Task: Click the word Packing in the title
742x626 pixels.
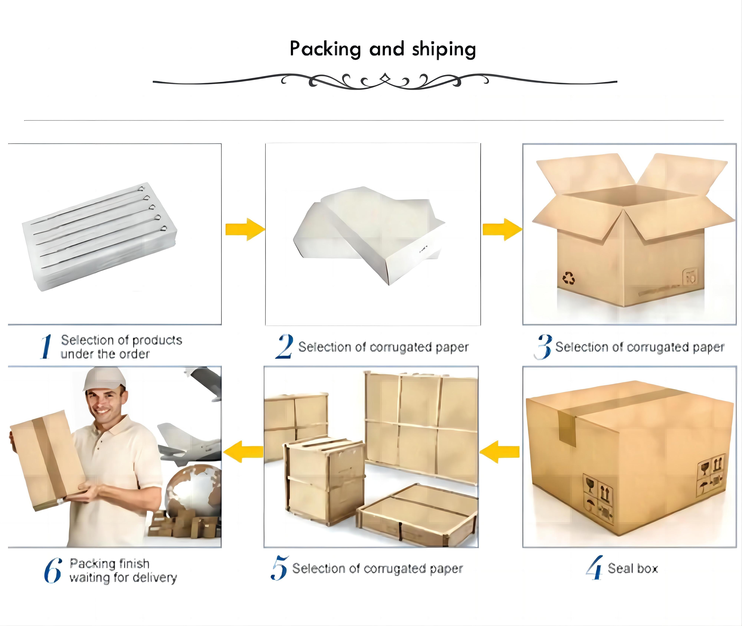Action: point(325,49)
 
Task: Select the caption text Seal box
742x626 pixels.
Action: point(633,569)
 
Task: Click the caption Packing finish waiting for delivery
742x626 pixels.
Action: point(122,571)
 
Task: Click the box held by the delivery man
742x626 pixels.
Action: point(46,459)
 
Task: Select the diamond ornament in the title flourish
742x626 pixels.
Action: point(385,76)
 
